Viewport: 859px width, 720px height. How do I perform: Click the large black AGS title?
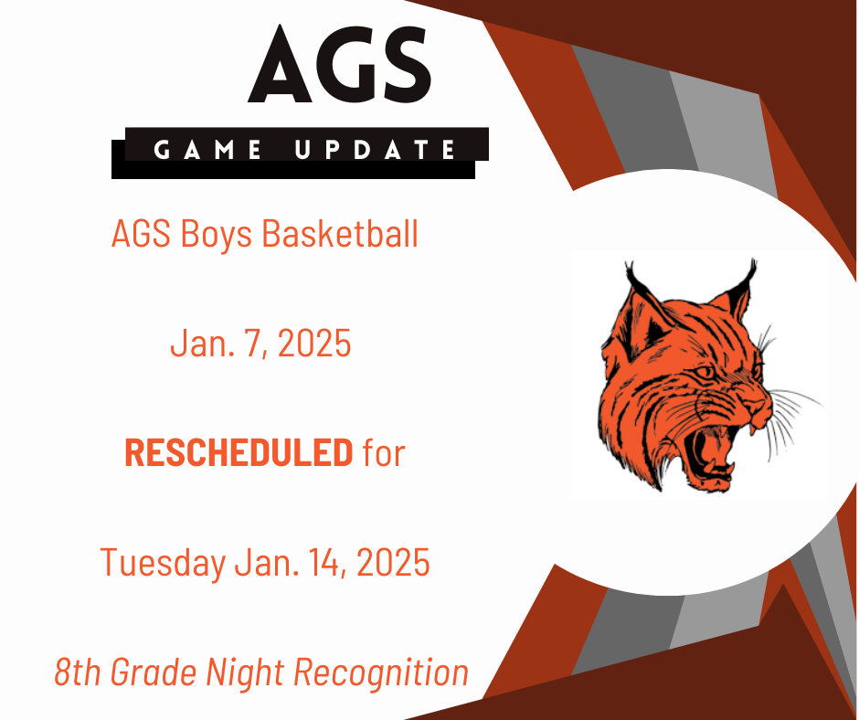pyautogui.click(x=340, y=64)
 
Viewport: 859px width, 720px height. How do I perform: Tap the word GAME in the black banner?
pyautogui.click(x=207, y=150)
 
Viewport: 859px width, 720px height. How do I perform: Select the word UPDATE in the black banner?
pyautogui.click(x=376, y=150)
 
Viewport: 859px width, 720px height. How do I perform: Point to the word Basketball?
pyautogui.click(x=340, y=233)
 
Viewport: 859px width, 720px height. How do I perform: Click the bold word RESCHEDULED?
pyautogui.click(x=239, y=452)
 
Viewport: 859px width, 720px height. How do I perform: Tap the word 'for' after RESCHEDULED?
pyautogui.click(x=384, y=452)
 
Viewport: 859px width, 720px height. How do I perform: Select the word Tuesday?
pyautogui.click(x=163, y=563)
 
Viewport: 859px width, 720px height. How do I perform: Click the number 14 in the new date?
pyautogui.click(x=325, y=563)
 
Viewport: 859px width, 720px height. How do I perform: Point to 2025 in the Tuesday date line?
pyautogui.click(x=393, y=562)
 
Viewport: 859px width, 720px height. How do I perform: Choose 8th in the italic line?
pyautogui.click(x=78, y=672)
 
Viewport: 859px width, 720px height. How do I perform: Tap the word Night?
pyautogui.click(x=246, y=673)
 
